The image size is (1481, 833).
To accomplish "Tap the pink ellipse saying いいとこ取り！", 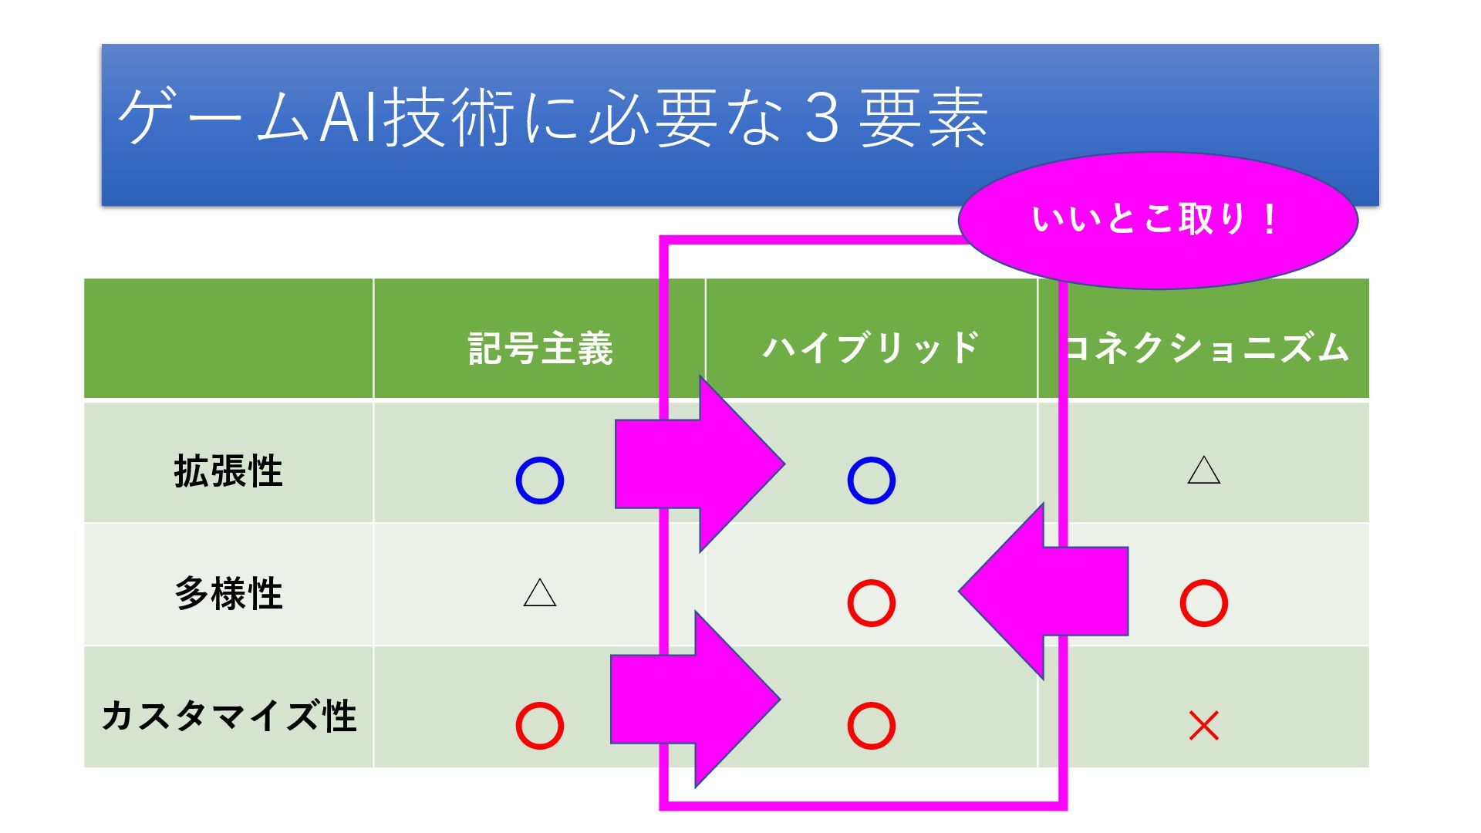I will (x=1157, y=221).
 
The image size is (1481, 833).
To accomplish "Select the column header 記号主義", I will (x=540, y=348).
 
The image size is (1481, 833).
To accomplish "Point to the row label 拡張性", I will (x=228, y=470).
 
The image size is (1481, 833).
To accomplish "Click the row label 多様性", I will (x=228, y=593).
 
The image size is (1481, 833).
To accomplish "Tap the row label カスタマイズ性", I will (x=228, y=716).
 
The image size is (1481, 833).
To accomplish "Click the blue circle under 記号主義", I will (x=540, y=481).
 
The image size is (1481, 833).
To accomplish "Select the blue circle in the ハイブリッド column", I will (x=872, y=481).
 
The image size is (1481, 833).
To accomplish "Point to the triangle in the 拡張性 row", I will (x=1204, y=470).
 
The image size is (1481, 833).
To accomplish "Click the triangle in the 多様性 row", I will (x=540, y=593).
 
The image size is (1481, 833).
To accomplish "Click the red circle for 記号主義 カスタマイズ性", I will (x=540, y=725).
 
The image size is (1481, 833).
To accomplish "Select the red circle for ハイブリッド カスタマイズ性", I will (x=872, y=725).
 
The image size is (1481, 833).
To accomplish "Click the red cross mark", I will (x=1204, y=726).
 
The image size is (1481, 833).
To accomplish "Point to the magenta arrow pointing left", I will (x=1041, y=592).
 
